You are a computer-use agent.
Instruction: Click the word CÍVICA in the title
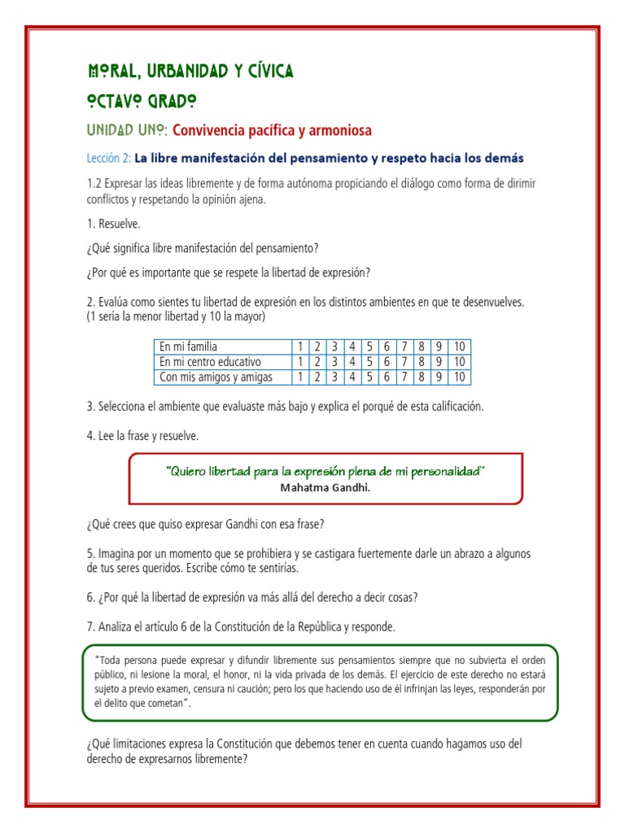(x=263, y=72)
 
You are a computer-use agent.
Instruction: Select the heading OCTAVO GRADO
(x=141, y=102)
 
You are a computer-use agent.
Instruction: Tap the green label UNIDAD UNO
(x=127, y=130)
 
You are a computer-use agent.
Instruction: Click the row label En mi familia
(x=188, y=347)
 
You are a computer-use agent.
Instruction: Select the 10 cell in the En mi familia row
(x=459, y=347)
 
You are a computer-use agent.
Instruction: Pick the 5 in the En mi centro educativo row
(x=369, y=362)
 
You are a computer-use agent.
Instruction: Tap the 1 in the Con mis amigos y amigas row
(x=300, y=377)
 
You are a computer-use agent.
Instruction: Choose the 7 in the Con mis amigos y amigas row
(x=404, y=377)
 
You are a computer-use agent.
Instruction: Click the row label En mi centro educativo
(x=210, y=362)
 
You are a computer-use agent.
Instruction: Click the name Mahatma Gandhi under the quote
(x=325, y=488)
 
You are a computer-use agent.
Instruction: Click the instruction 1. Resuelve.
(x=119, y=224)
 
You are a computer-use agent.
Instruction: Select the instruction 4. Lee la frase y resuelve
(x=142, y=436)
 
